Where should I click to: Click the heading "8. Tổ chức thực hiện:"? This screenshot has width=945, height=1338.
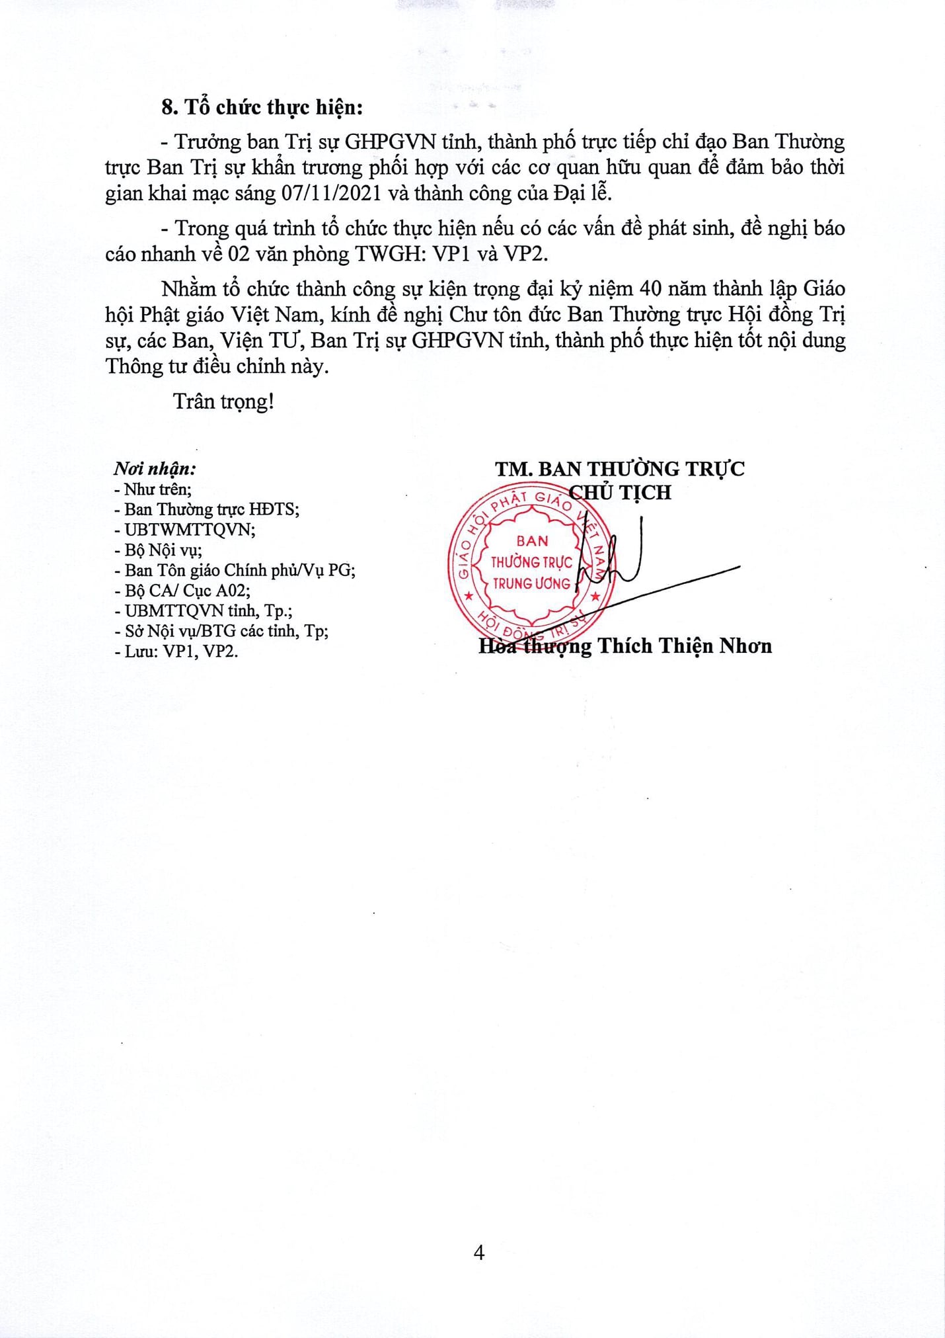click(x=262, y=107)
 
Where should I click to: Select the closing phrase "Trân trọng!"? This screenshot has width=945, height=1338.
click(x=223, y=401)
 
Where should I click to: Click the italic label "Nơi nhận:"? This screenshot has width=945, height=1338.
click(x=155, y=469)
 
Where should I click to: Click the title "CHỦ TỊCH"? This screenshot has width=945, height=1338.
click(x=621, y=492)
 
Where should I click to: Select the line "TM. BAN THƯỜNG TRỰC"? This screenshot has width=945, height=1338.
click(x=620, y=469)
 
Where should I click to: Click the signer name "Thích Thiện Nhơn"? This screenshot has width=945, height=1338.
click(x=685, y=646)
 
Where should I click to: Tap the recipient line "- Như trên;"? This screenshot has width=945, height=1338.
click(x=153, y=489)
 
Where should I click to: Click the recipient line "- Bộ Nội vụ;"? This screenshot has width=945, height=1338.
click(x=159, y=550)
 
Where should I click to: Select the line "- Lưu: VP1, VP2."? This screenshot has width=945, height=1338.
click(x=176, y=651)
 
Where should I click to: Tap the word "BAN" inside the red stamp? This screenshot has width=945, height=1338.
click(x=532, y=541)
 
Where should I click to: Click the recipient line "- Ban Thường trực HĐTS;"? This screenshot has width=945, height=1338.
click(x=207, y=509)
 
